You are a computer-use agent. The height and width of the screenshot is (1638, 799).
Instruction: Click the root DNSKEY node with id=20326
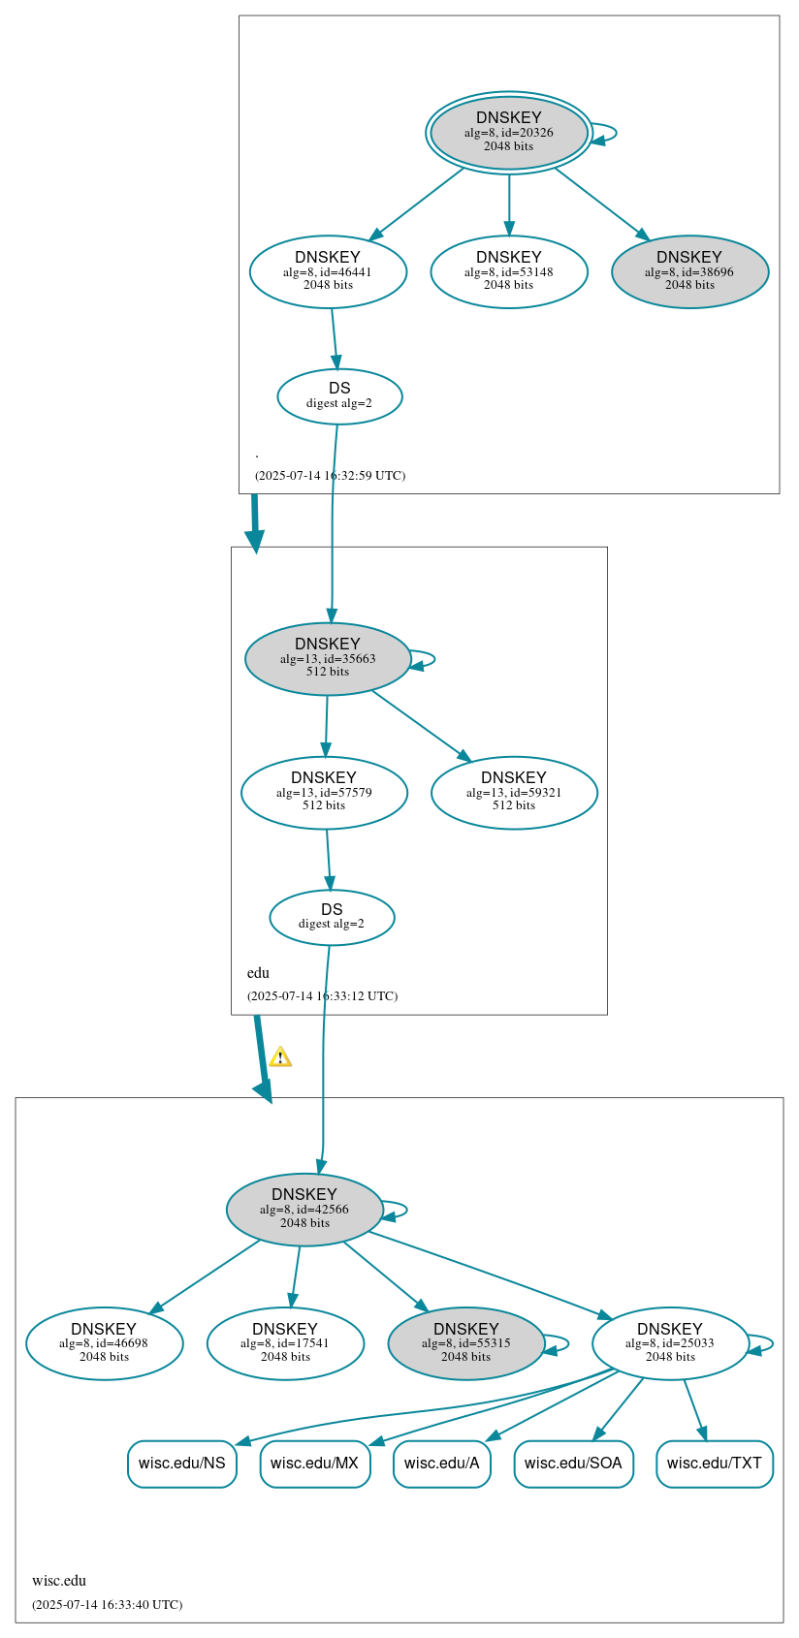(x=509, y=133)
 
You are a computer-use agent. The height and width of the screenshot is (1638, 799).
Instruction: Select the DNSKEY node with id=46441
(x=328, y=272)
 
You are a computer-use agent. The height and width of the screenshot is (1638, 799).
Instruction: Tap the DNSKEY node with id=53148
(x=509, y=272)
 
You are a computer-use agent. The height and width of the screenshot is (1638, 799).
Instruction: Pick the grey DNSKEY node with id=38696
(x=689, y=272)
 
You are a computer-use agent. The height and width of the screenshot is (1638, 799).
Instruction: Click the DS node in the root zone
(x=339, y=396)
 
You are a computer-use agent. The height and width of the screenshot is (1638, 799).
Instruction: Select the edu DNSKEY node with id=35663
(x=328, y=659)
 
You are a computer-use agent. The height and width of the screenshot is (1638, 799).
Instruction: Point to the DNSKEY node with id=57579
(x=324, y=793)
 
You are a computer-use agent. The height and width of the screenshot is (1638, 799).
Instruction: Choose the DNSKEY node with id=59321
(x=514, y=793)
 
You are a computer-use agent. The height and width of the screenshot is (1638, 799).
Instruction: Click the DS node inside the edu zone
(x=332, y=917)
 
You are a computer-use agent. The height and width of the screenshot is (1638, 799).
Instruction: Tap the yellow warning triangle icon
(x=280, y=1057)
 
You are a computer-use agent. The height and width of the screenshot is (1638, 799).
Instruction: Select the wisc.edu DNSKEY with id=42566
(x=304, y=1210)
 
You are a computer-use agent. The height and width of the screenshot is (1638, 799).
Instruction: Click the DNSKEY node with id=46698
(x=104, y=1343)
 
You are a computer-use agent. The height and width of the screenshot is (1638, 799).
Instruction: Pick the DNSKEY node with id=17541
(x=285, y=1343)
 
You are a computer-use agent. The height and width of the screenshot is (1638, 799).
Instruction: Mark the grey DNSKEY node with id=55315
(x=466, y=1343)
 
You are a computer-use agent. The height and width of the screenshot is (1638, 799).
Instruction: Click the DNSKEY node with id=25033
(x=670, y=1343)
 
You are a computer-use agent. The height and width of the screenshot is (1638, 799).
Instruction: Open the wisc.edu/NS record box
(x=181, y=1464)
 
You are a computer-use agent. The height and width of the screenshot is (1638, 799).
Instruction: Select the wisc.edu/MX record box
(x=314, y=1464)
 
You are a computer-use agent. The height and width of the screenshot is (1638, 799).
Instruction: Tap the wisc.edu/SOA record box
(x=573, y=1464)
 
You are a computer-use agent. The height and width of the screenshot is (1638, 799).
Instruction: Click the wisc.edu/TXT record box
(x=714, y=1464)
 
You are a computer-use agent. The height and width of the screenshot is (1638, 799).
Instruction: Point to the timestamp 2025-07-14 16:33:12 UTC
(x=322, y=996)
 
